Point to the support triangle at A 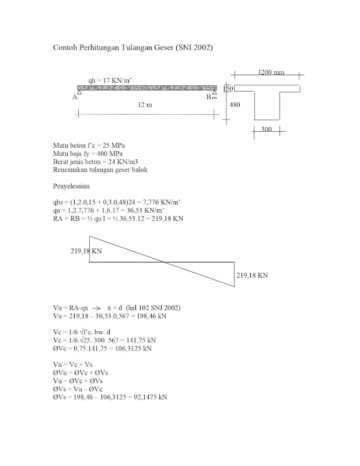pos(79,92)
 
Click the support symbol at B pos(214,93)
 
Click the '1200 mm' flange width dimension pos(270,72)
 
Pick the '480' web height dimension pos(235,105)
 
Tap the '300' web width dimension pos(266,129)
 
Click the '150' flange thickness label pos(228,88)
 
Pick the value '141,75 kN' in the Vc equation pos(141,340)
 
